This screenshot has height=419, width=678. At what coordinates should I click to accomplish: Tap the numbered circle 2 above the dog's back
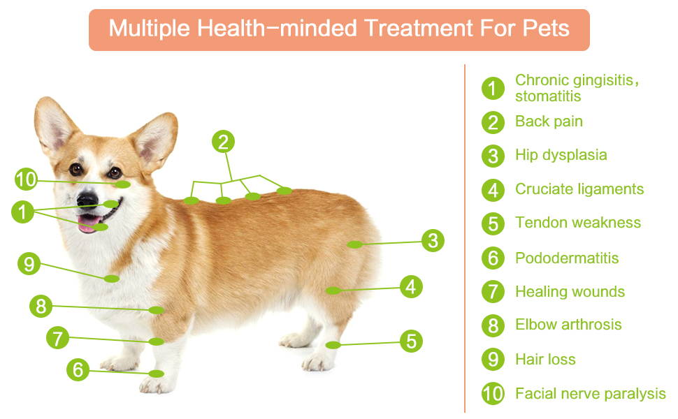(223, 142)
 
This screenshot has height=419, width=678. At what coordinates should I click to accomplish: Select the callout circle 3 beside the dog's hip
(433, 241)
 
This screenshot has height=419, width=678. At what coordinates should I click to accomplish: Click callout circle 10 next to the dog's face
(26, 179)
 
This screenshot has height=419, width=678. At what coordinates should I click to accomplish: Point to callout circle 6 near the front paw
(78, 369)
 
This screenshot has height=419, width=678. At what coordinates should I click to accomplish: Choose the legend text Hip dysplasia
(561, 155)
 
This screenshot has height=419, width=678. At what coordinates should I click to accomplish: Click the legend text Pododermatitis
(567, 258)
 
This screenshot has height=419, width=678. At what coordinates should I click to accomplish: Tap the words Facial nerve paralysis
(590, 394)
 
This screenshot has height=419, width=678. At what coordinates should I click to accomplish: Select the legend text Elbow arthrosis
(568, 325)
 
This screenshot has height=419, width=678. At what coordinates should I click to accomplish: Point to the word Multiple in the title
(149, 29)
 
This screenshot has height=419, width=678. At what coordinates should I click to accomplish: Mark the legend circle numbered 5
(493, 223)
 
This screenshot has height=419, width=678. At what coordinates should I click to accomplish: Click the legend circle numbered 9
(493, 360)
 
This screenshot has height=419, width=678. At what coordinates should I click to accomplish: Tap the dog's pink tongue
(88, 223)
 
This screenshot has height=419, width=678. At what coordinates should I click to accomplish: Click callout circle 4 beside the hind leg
(411, 286)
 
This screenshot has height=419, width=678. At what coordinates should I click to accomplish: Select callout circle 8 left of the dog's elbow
(41, 307)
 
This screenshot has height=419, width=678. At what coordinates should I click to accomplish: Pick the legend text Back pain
(549, 122)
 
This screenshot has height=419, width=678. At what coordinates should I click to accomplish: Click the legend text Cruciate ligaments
(579, 189)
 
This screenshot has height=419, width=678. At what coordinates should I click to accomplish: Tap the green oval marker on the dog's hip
(354, 245)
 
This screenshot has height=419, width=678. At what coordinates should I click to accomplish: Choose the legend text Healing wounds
(570, 292)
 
